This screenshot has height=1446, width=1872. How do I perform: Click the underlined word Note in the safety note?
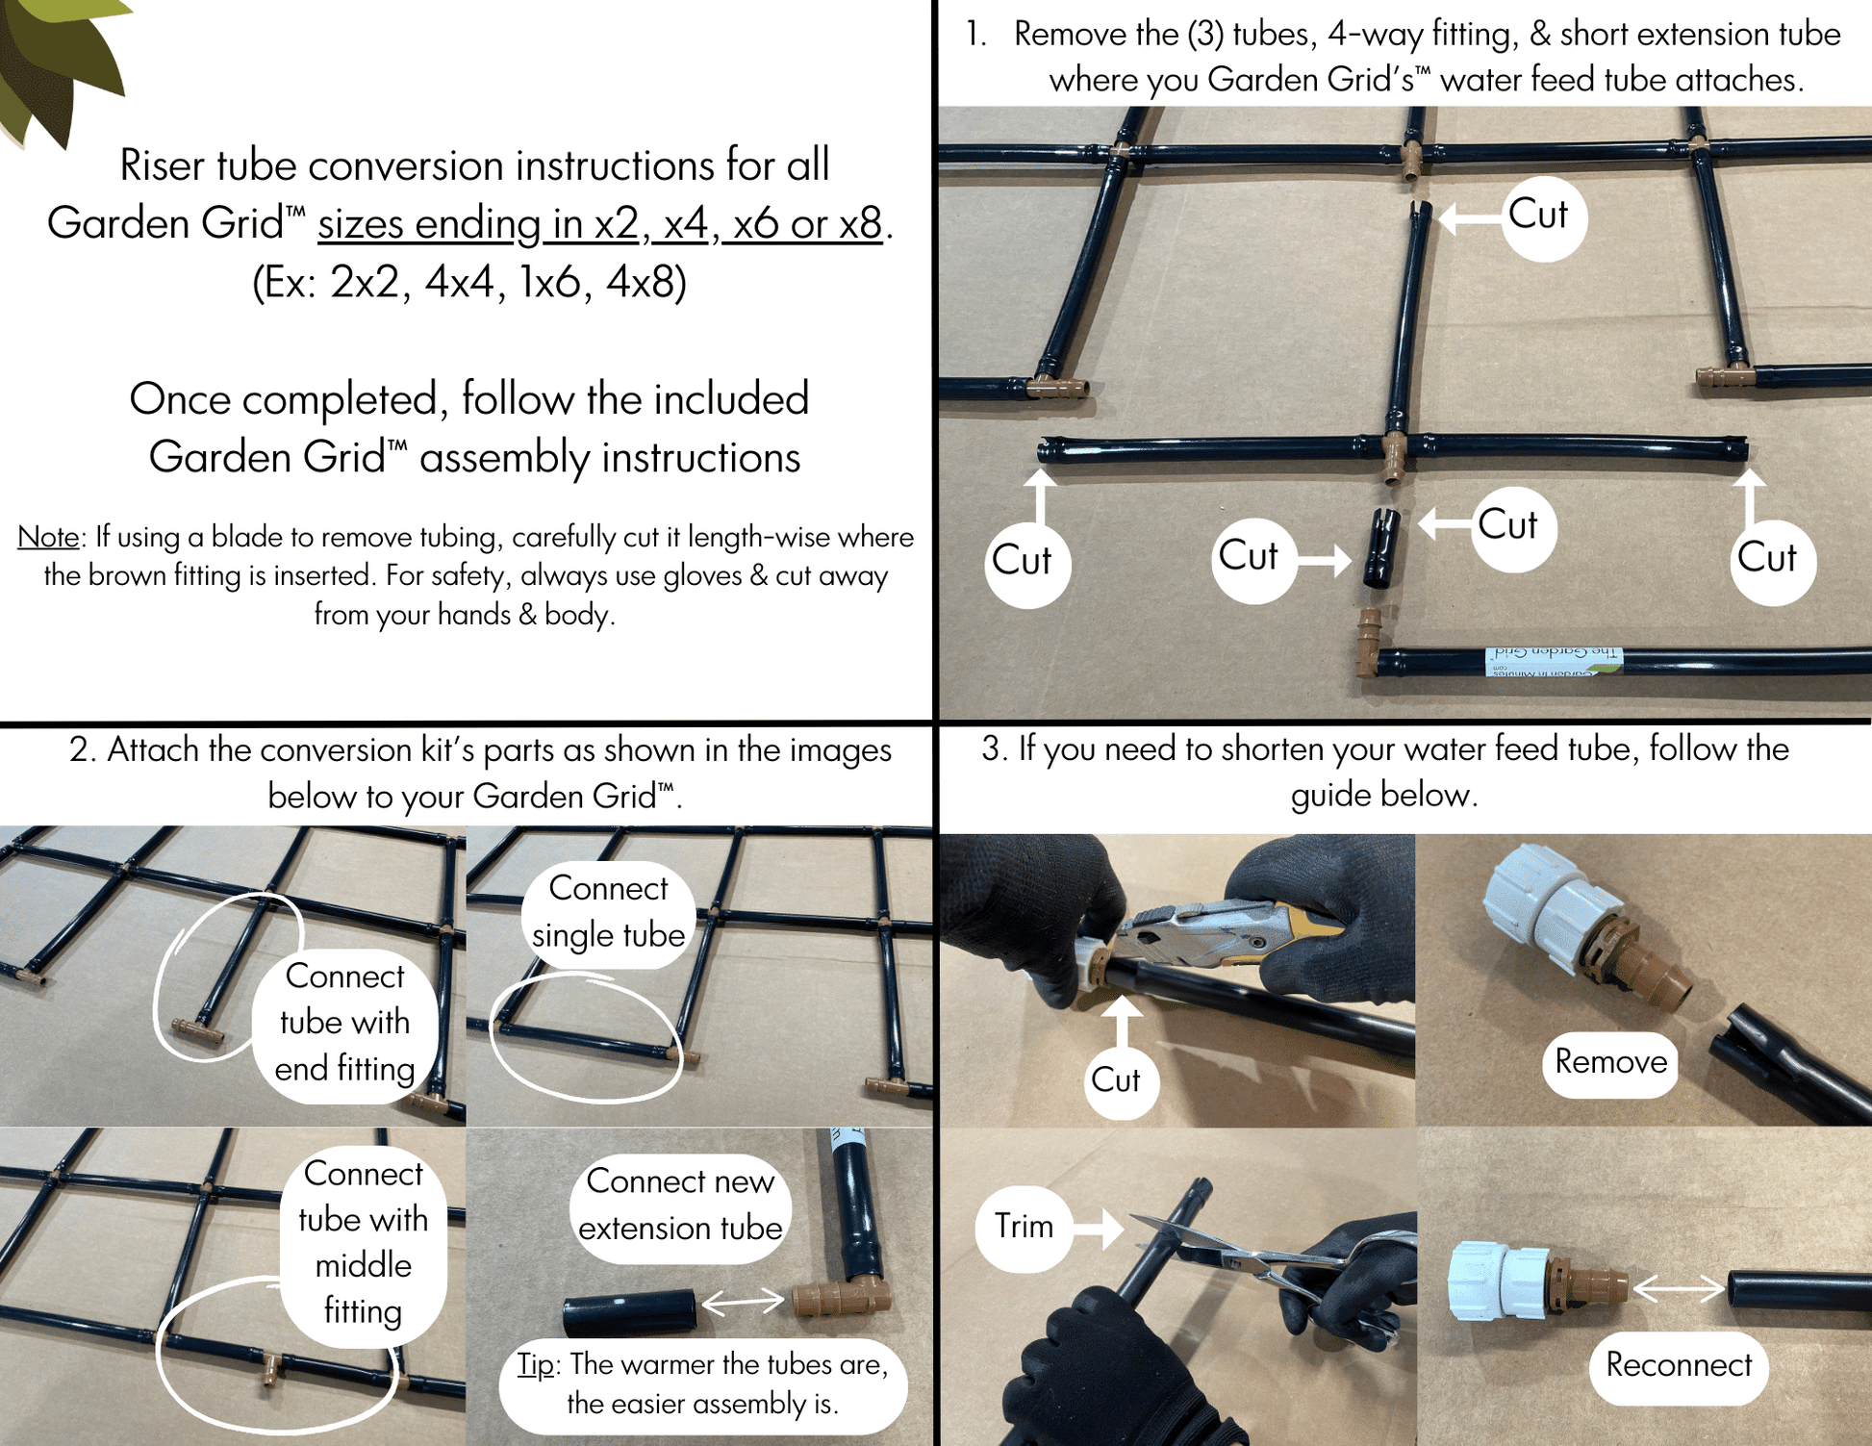48,537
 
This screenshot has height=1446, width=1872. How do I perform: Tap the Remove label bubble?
1610,1062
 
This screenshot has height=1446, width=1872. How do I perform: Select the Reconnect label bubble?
1679,1364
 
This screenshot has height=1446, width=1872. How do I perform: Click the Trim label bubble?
1024,1227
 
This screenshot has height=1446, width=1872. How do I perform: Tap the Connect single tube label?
608,912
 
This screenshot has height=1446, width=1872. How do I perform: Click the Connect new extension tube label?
679,1205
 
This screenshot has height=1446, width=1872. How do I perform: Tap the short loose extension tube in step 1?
1381,548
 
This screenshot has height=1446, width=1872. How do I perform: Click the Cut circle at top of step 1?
1543,216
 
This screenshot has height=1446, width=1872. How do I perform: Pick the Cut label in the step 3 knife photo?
1116,1080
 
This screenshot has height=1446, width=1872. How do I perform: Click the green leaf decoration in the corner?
58,58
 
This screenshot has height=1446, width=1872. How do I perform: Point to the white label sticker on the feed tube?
1554,660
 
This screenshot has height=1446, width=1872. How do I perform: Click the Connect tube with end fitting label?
344,1023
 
